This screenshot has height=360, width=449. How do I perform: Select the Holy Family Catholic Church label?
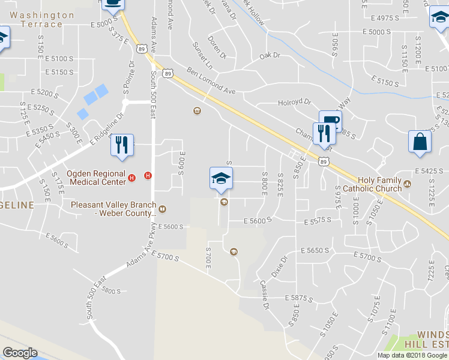coord(379,184)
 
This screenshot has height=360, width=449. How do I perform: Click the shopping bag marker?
coord(420,142)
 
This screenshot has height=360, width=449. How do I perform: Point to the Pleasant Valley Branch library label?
coord(113,208)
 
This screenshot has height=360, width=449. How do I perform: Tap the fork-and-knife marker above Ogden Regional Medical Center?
coord(120,145)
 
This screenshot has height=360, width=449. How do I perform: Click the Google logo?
coord(20,353)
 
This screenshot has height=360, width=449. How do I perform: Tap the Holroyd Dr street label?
coord(295,103)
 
